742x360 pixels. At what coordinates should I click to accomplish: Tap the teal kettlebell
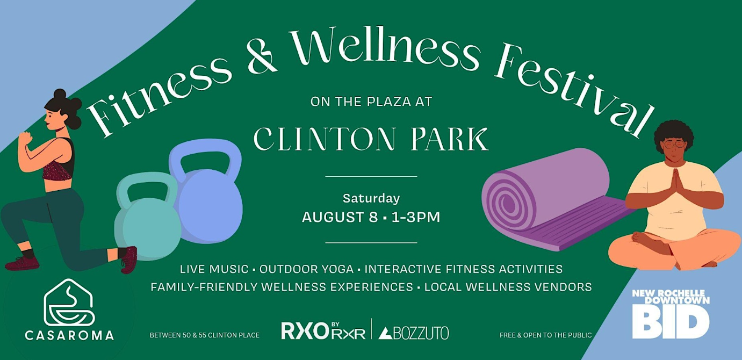point(147,222)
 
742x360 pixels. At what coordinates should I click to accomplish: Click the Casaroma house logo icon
point(69,303)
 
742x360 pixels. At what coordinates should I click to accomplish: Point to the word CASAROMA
point(69,335)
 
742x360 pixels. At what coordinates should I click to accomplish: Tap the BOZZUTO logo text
point(414,333)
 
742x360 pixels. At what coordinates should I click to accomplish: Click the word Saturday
point(371,198)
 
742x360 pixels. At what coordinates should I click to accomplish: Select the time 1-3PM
point(416,217)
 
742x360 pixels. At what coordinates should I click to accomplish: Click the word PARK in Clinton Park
point(450,139)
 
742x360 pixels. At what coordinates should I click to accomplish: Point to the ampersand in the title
point(261,55)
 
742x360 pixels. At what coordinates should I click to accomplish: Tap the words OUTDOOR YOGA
point(306,269)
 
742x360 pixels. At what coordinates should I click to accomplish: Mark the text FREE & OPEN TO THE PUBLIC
point(545,335)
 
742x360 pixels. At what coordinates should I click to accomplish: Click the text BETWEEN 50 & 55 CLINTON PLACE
point(205,335)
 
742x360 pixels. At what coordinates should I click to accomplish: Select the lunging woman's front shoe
point(129,260)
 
